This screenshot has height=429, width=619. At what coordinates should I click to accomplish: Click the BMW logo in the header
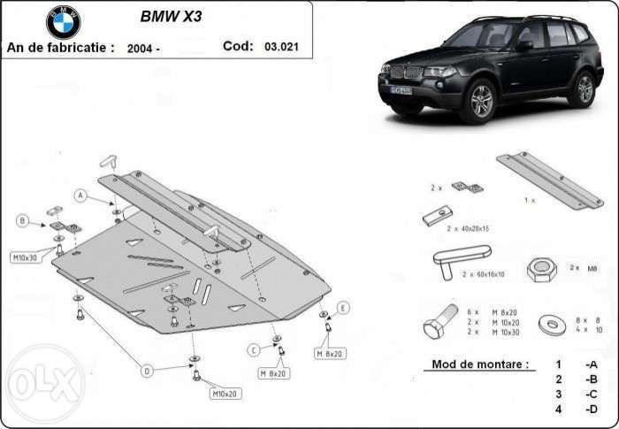coord(63,22)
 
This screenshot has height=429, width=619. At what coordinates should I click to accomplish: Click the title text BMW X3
coord(171,17)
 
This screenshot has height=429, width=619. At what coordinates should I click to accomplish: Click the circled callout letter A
coord(81,195)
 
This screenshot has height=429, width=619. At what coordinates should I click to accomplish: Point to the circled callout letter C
coord(253,350)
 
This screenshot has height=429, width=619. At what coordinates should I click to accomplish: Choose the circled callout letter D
coord(147,369)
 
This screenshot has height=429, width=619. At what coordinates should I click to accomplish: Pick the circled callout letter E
coord(343,307)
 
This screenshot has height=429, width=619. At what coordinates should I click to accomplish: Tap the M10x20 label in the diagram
coord(225,392)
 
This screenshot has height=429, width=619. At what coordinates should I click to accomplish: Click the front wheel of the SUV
coord(482,100)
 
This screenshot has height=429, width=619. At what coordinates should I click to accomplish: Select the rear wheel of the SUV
coord(584,88)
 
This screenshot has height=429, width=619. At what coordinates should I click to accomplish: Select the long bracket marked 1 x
coord(546,180)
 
